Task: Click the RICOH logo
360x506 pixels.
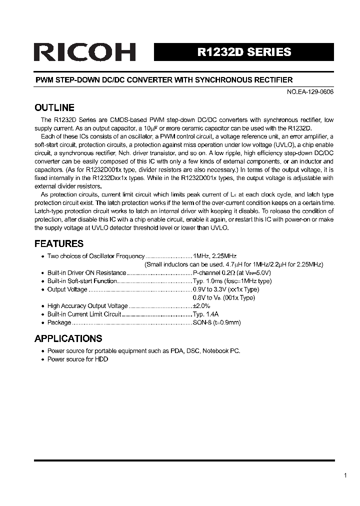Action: tap(84, 52)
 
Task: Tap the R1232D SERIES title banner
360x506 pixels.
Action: tap(243, 52)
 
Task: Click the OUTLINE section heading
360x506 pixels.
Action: tap(54, 107)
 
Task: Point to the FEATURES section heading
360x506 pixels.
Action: tap(59, 243)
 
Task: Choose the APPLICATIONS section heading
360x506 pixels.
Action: tap(68, 338)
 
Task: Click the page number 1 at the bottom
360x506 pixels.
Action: tap(345, 475)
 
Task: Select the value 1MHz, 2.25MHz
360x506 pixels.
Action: tap(211, 256)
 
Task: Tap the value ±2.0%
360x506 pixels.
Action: tap(201, 305)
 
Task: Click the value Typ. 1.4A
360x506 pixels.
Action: tap(205, 314)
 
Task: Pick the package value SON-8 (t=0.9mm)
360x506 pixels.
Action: tap(216, 322)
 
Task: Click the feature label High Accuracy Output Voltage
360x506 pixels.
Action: tap(87, 305)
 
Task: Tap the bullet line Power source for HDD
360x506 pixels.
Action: tap(77, 359)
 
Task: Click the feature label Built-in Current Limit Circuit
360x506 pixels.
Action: tap(84, 314)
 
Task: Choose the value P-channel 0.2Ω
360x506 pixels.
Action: tap(211, 272)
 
